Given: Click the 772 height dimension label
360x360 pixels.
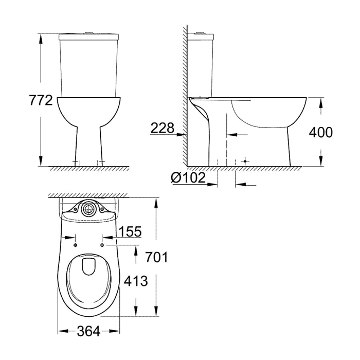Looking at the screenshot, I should (x=41, y=100).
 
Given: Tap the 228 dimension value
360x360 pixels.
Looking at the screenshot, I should (x=163, y=128).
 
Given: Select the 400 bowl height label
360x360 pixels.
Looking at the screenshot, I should (x=320, y=132).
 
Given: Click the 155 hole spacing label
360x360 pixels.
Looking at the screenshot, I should (x=130, y=232).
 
